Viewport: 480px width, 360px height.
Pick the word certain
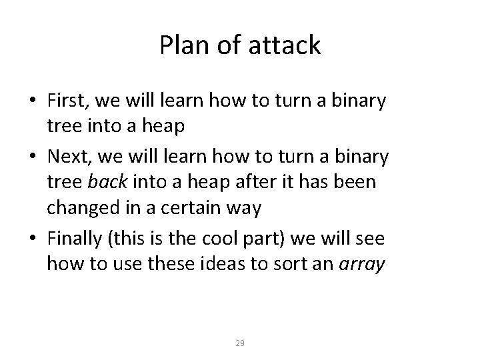tap(191, 209)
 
